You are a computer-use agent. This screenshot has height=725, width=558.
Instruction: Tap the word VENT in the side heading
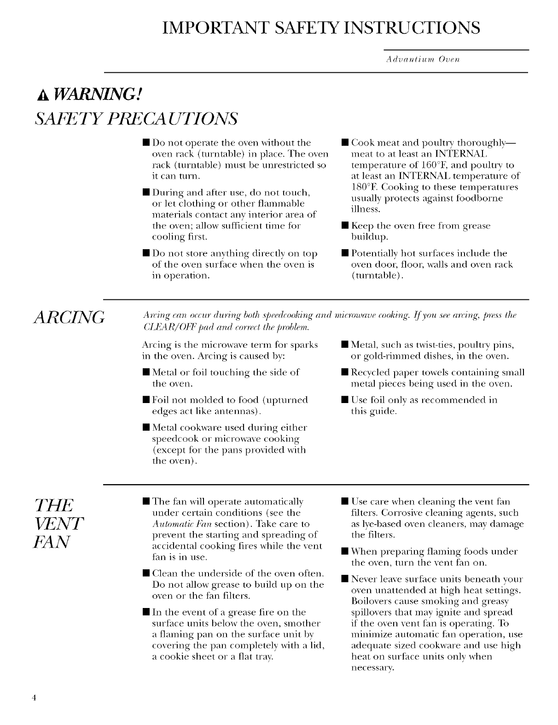coord(58,524)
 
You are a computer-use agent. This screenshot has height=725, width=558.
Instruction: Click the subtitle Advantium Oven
coord(423,59)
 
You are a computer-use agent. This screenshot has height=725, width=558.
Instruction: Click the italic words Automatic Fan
coord(175,524)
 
